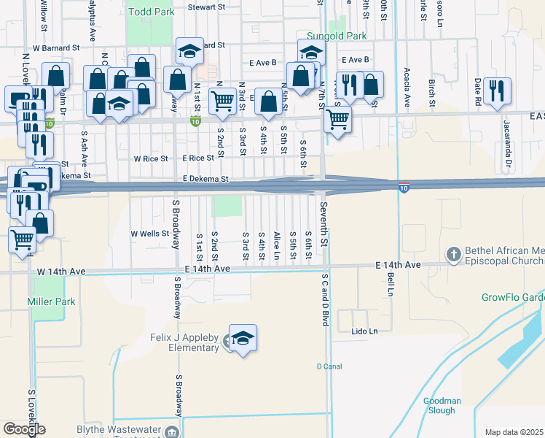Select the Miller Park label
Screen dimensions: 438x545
click(51, 301)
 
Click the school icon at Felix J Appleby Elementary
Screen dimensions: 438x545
click(243, 338)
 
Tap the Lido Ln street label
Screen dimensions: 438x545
click(364, 331)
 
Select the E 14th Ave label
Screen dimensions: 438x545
click(398, 264)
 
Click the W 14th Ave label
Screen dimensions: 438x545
click(61, 272)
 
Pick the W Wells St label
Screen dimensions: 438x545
click(149, 234)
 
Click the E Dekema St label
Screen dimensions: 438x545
click(206, 179)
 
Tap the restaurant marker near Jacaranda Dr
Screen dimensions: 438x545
click(497, 91)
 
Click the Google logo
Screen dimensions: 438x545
click(24, 429)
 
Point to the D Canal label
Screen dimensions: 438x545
click(329, 366)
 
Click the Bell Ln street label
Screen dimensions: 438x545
click(391, 279)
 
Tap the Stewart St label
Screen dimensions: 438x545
click(206, 7)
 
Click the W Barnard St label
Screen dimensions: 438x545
click(56, 48)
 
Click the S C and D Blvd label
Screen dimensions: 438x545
click(326, 299)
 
